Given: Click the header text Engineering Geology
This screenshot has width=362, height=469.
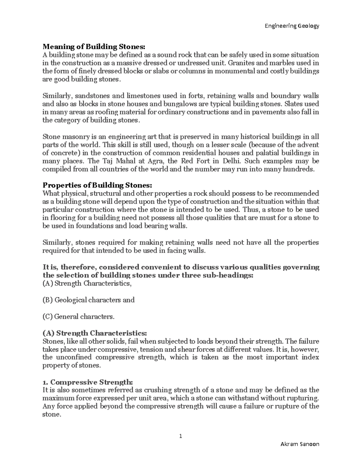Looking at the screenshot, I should pos(291,26).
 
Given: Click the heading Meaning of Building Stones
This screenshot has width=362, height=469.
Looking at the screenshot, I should pos(94,47).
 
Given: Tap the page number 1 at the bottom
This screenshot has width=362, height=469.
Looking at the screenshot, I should pos(181,436).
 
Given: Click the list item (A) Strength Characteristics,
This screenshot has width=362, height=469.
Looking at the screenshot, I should pos(87,283).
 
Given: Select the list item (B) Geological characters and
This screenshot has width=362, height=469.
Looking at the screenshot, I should pos(88,300).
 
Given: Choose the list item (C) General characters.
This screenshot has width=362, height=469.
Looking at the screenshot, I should pos(79,316).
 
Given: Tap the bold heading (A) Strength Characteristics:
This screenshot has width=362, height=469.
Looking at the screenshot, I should pos(95,333).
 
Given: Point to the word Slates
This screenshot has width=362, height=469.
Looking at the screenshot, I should pos(294,104).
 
